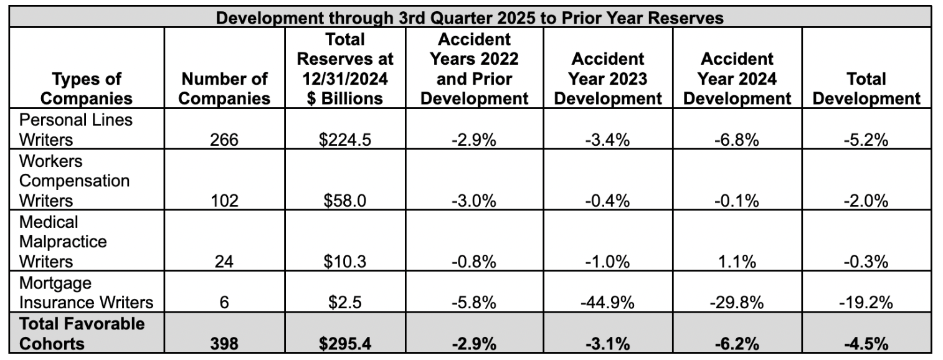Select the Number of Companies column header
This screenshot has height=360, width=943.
[225, 88]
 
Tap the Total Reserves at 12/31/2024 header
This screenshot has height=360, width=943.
[345, 69]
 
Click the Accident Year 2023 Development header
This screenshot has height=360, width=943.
[607, 79]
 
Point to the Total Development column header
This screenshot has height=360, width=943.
[866, 88]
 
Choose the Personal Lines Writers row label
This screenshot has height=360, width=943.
[75, 129]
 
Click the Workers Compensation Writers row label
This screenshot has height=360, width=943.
[75, 181]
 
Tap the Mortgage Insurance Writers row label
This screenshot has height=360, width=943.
[86, 293]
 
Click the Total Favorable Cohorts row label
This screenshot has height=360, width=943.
[82, 334]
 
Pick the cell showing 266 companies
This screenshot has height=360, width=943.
[224, 140]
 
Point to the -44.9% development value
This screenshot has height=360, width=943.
[607, 303]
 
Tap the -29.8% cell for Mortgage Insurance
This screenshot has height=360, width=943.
[737, 303]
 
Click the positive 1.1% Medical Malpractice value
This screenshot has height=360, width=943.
[737, 262]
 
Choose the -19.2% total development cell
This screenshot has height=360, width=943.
[866, 303]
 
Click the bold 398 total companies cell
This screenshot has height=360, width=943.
[224, 344]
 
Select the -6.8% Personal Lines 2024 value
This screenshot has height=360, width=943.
[737, 140]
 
